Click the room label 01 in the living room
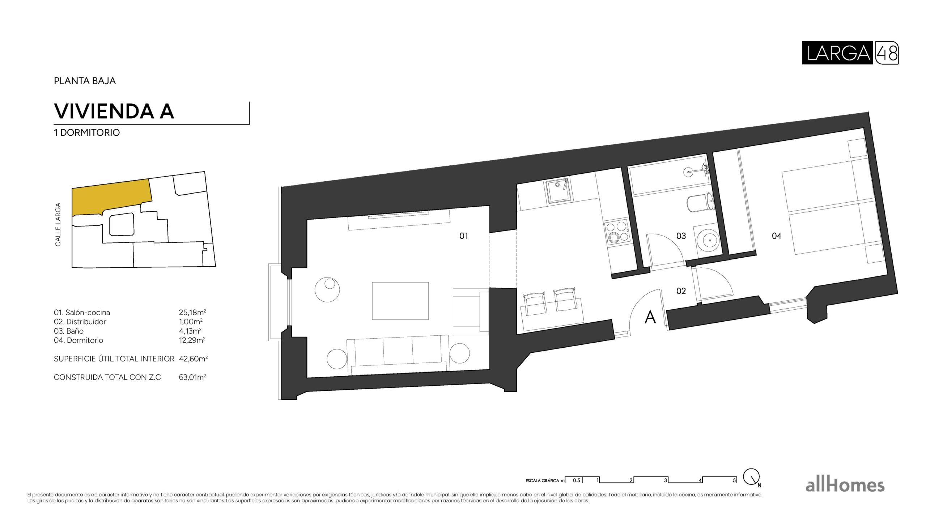click(x=463, y=236)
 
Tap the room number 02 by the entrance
click(x=681, y=291)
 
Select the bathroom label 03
click(x=681, y=236)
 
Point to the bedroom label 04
click(x=776, y=236)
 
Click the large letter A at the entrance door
click(x=650, y=317)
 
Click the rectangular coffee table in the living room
click(x=400, y=301)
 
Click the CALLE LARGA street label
click(x=58, y=225)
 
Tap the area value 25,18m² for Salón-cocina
click(x=192, y=312)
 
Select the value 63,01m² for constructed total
click(x=192, y=377)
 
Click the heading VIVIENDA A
click(x=114, y=111)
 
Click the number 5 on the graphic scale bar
click(x=734, y=480)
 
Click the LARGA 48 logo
click(x=850, y=53)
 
